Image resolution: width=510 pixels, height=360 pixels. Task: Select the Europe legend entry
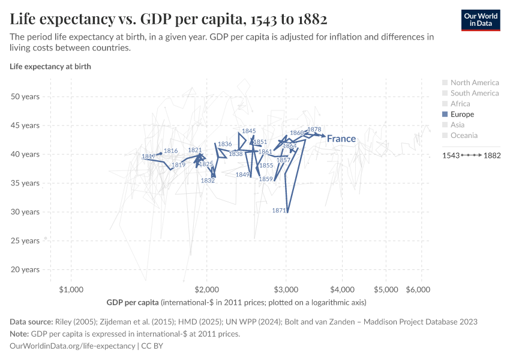[461, 114]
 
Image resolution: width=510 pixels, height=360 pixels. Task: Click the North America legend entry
[474, 83]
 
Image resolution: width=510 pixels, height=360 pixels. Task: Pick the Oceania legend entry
[465, 136]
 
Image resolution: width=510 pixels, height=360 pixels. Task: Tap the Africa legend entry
[460, 104]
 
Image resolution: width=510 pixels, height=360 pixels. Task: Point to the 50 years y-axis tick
[25, 97]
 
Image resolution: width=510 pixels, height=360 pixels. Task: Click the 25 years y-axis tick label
[25, 241]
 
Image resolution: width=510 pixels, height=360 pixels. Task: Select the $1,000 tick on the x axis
[71, 289]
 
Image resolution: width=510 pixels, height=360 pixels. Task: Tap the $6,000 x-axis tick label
[418, 289]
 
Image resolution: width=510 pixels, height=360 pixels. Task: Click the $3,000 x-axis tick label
[286, 289]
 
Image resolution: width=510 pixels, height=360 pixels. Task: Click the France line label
[341, 139]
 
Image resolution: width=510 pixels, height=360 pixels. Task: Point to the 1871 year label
[279, 211]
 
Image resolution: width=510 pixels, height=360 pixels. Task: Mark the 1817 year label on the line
[148, 157]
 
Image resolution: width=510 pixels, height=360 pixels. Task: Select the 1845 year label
[248, 131]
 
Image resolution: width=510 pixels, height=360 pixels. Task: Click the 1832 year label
[208, 181]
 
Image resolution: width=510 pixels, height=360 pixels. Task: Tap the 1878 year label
[314, 130]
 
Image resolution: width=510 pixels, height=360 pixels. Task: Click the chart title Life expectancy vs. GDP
[168, 19]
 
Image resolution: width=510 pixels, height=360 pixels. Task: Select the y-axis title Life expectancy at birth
[50, 67]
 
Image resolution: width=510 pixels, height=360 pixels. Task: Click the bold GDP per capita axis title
[133, 302]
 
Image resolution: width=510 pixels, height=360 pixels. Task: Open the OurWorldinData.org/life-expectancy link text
[73, 346]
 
